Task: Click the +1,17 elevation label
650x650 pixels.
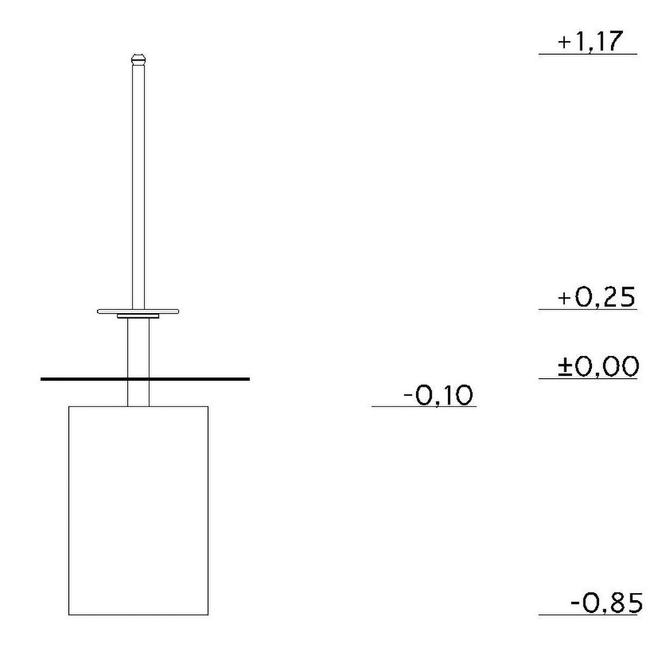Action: tap(589, 42)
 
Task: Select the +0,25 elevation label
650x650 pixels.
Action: tap(596, 297)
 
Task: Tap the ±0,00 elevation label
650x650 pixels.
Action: tap(598, 366)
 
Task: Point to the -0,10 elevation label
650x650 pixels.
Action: tap(438, 395)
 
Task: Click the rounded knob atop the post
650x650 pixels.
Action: tap(138, 60)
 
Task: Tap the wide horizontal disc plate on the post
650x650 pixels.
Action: tap(138, 311)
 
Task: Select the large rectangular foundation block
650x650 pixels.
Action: tap(138, 510)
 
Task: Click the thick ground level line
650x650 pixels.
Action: tap(145, 379)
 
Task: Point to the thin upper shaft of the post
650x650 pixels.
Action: tap(138, 187)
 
